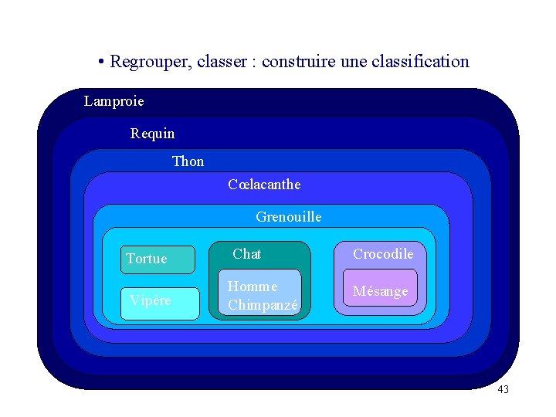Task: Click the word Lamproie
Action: coord(114,101)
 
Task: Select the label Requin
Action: coord(152,134)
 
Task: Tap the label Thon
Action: coord(188,161)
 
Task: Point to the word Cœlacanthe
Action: coord(264,185)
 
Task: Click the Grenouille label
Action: coord(288,217)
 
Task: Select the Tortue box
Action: coord(158,259)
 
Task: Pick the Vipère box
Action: coord(158,302)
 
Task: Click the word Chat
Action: coord(246,254)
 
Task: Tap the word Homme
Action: coord(253,286)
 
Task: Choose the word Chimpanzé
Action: coord(263,305)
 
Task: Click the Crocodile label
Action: coord(383,254)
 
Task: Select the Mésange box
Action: coord(380,292)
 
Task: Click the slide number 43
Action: coord(503,389)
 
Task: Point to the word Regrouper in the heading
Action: coord(150,61)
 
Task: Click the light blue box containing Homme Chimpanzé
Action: coord(259,292)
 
